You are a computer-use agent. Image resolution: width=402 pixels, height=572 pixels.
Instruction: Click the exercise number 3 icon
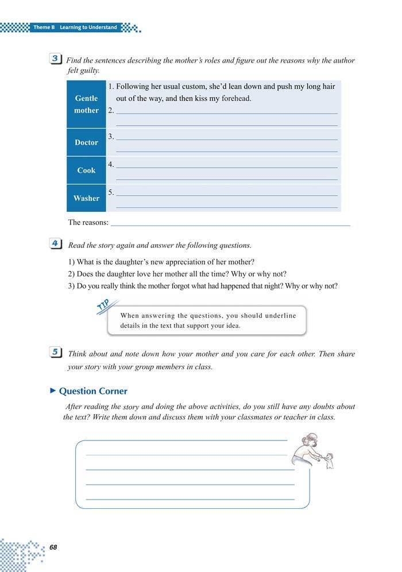pyautogui.click(x=57, y=59)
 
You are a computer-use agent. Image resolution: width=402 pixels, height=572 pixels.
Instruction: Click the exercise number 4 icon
pyautogui.click(x=57, y=244)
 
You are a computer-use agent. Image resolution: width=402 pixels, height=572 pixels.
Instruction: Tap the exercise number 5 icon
pyautogui.click(x=57, y=354)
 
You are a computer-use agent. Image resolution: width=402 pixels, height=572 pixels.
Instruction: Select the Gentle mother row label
pyautogui.click(x=86, y=105)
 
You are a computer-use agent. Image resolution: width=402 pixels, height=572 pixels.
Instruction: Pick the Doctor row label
pyautogui.click(x=86, y=142)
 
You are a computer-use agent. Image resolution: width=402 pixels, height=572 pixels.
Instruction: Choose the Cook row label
pyautogui.click(x=86, y=171)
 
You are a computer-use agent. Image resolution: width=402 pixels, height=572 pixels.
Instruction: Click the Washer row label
pyautogui.click(x=86, y=198)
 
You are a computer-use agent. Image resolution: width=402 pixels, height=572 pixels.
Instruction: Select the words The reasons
pyautogui.click(x=88, y=222)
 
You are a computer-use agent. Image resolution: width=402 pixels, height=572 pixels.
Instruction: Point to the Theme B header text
pyautogui.click(x=75, y=27)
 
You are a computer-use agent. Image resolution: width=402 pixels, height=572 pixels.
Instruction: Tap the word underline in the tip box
pyautogui.click(x=283, y=316)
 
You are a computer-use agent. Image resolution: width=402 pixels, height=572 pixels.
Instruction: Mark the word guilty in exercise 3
pyautogui.click(x=91, y=71)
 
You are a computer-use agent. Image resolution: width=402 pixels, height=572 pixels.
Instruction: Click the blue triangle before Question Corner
pyautogui.click(x=53, y=391)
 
